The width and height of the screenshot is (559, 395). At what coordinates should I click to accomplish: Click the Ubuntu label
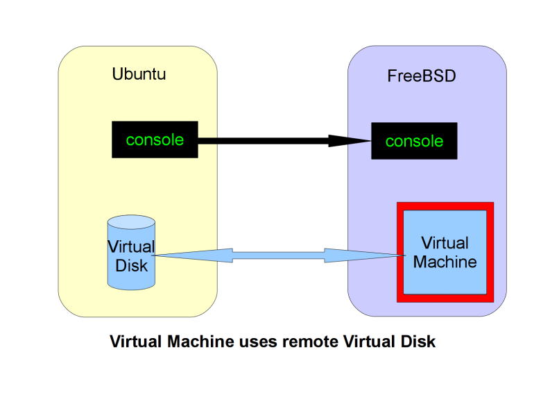(139, 74)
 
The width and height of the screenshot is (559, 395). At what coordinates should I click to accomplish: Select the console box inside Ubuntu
(155, 140)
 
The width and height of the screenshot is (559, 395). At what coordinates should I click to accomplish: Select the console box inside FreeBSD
(414, 142)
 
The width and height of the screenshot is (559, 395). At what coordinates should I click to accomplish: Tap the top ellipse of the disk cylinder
(131, 223)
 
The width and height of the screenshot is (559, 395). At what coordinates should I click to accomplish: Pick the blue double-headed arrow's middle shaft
(277, 255)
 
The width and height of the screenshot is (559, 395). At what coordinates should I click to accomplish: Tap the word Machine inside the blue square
(445, 262)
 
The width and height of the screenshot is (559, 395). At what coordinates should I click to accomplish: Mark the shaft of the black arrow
(264, 141)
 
